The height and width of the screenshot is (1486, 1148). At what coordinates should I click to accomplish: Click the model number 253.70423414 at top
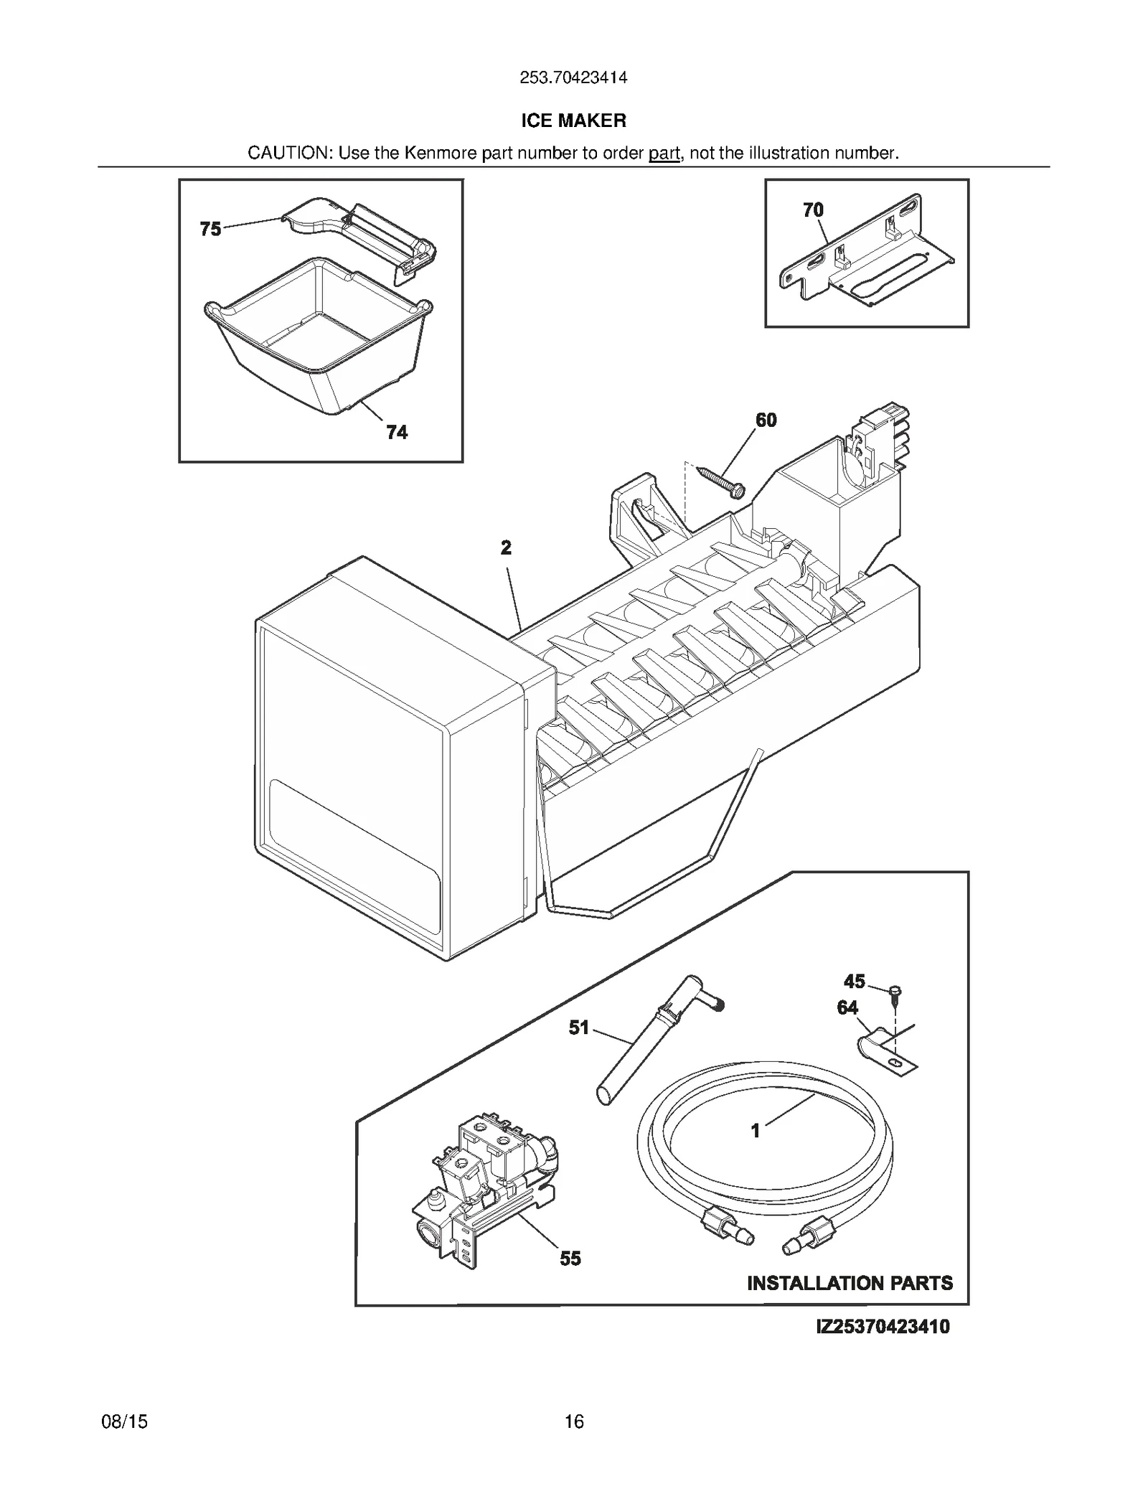pos(573,77)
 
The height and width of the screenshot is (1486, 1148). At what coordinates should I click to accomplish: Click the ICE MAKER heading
pos(573,121)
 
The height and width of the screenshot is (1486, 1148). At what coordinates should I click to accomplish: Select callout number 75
pos(210,229)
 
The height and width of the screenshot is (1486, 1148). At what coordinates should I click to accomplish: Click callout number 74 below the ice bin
pos(397,432)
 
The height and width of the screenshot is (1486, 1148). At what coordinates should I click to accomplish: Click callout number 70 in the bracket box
pos(813,210)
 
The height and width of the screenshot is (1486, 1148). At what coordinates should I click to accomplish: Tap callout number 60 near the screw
pos(766,420)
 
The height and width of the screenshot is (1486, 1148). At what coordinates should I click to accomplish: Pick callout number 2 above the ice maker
pos(506,548)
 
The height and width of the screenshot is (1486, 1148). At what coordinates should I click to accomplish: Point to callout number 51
pos(579,1028)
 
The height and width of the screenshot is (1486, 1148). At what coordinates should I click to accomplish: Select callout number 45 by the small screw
pos(854,981)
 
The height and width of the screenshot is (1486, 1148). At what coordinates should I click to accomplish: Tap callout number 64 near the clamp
pos(847,1008)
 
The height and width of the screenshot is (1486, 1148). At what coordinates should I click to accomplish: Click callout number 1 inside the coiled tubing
pos(755,1132)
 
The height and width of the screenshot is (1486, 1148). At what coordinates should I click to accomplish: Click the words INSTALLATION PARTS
pos(850,1283)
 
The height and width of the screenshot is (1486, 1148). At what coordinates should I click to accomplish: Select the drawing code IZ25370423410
pos(883,1327)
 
